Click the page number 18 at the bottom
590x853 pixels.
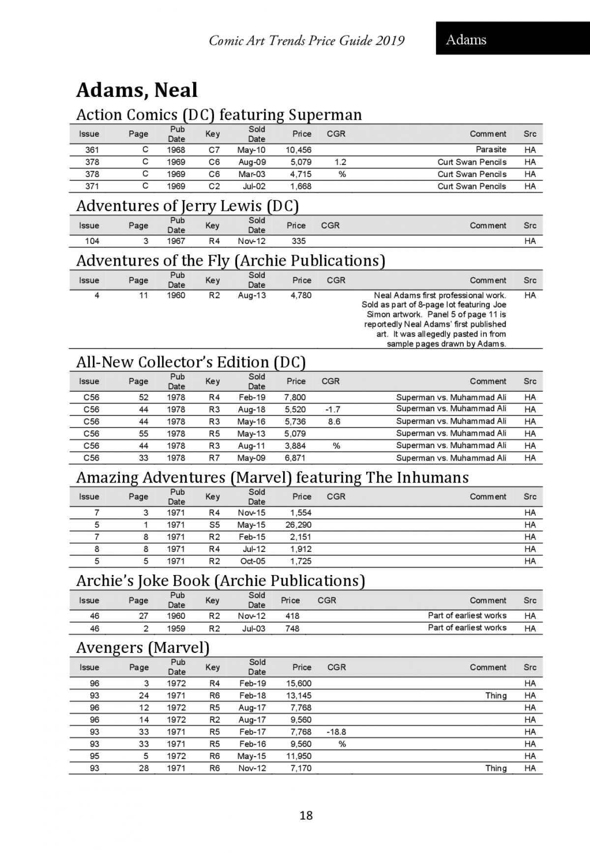tap(306, 815)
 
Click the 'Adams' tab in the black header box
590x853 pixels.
tap(466, 39)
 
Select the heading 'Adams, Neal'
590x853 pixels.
tap(137, 90)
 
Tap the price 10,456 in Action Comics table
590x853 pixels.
tap(298, 150)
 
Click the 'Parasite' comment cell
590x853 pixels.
tap(491, 150)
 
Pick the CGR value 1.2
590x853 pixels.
tap(340, 162)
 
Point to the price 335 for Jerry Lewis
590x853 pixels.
tap(298, 241)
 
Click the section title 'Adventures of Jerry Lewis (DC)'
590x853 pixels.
tap(187, 206)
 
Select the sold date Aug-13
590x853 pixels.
tap(252, 295)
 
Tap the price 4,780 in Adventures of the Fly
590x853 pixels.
tap(301, 295)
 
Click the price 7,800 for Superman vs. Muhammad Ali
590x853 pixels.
tap(295, 397)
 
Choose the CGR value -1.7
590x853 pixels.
tap(333, 409)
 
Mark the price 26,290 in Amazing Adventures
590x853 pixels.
tap(298, 525)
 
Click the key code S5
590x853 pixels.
tap(214, 525)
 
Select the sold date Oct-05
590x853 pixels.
tap(253, 561)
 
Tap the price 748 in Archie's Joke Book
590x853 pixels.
tap(292, 628)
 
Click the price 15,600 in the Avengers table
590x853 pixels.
tap(299, 683)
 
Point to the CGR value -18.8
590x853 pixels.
tap(336, 732)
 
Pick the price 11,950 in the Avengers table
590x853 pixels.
tap(299, 756)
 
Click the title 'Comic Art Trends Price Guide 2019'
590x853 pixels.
tap(307, 40)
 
